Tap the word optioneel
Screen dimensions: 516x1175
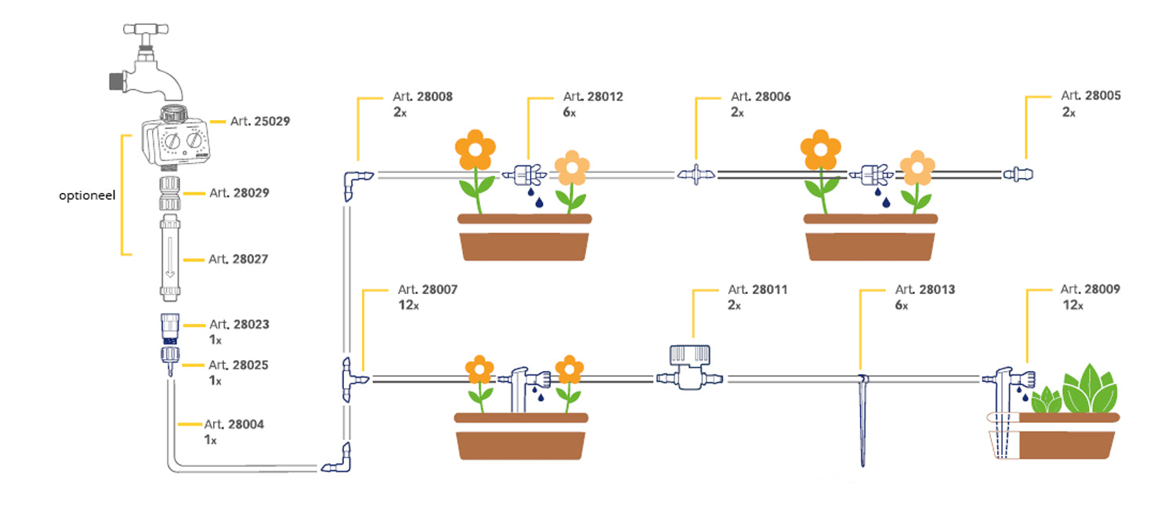87,194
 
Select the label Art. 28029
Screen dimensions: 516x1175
239,192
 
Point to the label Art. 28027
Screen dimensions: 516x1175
239,259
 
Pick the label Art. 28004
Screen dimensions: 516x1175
234,425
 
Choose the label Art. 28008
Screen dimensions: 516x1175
422,96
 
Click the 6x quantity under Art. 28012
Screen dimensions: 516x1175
569,112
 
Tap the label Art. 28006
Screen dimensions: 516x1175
761,96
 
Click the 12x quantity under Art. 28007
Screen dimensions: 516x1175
408,305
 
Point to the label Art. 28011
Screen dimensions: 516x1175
757,289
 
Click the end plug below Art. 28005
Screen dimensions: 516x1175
1019,173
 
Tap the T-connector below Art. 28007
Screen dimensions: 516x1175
352,380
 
